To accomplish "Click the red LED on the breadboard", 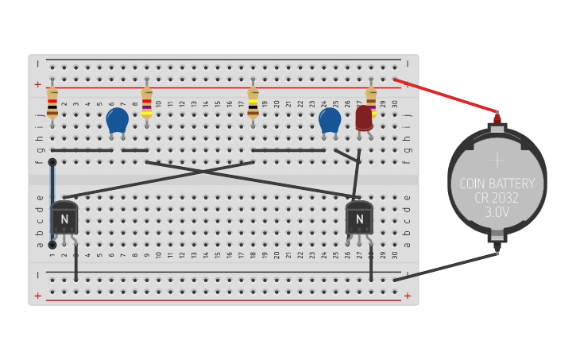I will (364, 118).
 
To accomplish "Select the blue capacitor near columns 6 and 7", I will (117, 120).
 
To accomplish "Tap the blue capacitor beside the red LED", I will (330, 120).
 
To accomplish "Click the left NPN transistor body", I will (64, 218).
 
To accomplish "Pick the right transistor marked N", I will (359, 218).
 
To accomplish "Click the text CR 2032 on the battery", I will (497, 199).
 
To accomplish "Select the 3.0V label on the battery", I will (497, 213).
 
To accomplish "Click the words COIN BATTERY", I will (497, 184).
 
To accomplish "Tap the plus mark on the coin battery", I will (497, 160).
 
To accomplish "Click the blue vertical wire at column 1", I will (52, 203).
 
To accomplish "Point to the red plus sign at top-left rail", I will (37, 84).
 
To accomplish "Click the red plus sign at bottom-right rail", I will (408, 296).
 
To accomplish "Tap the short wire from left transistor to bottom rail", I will (76, 262).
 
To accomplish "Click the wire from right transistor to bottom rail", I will (371, 262).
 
